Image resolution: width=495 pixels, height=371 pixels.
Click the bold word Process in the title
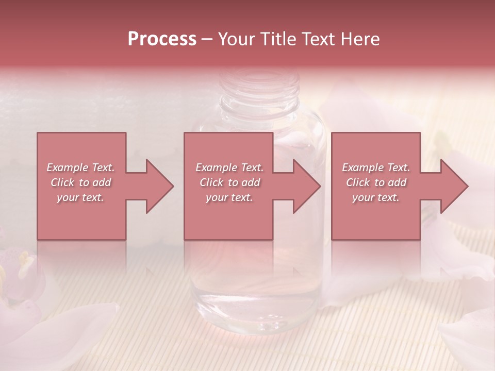point(162,39)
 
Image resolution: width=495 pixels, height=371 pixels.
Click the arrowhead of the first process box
point(160,186)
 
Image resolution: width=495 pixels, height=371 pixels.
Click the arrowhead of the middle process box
point(307,186)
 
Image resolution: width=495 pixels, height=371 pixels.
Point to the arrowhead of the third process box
point(455,186)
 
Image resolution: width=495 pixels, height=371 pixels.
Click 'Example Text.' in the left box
point(80,167)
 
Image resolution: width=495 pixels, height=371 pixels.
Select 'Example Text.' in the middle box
point(229,167)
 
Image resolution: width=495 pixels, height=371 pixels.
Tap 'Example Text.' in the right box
point(376,167)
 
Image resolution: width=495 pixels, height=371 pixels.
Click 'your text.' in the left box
point(80,197)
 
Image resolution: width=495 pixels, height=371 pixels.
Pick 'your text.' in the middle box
point(229,197)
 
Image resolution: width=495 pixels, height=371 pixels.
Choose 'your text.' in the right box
point(376,197)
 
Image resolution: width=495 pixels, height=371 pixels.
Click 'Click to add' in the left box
point(80,182)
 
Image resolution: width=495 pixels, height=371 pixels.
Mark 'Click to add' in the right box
point(376,182)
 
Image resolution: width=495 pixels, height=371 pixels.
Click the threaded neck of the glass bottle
point(259,85)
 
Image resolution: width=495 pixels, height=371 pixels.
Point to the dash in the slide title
point(207,40)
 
